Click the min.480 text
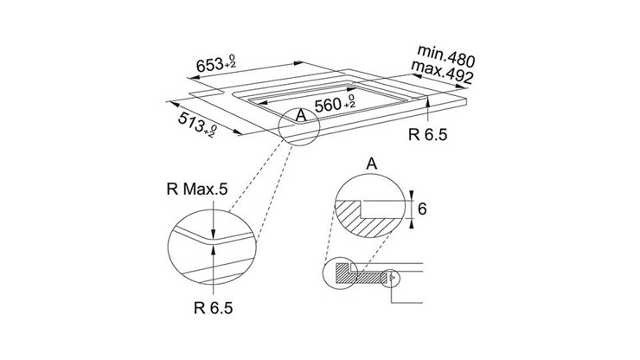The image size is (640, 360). [x=446, y=56]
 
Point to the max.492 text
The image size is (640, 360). [x=442, y=73]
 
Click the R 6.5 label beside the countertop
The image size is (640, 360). [x=428, y=134]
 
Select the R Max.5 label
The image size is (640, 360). [x=197, y=190]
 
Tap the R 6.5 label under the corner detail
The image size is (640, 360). [x=213, y=308]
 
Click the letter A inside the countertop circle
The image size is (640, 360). [x=301, y=116]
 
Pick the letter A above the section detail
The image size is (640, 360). [x=371, y=164]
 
